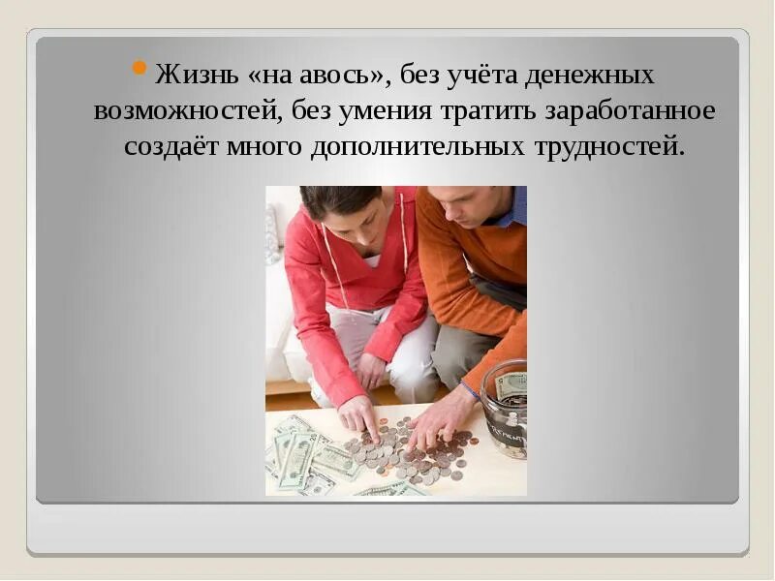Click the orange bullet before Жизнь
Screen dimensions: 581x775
(139, 68)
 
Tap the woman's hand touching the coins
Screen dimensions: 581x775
(361, 415)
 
